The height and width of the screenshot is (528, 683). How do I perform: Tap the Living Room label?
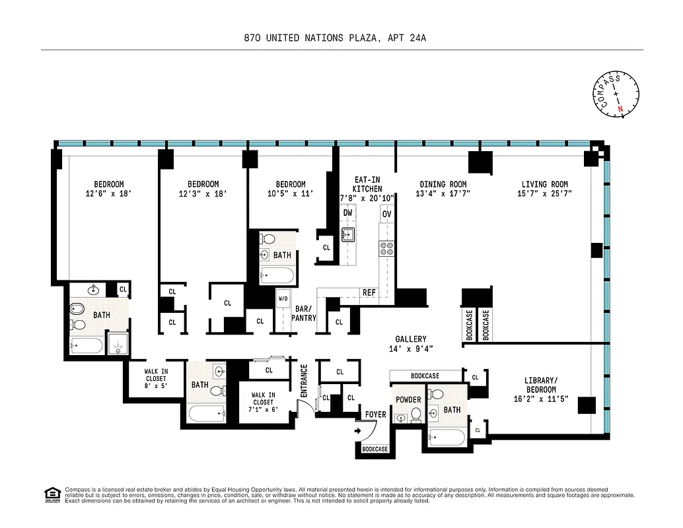(x=544, y=184)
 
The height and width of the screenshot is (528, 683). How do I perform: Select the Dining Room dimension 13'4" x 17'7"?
(x=443, y=194)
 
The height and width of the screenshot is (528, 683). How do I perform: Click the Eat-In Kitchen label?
(x=367, y=183)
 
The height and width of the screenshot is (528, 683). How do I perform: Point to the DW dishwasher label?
(x=347, y=213)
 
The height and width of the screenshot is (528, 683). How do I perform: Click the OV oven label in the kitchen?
(x=386, y=214)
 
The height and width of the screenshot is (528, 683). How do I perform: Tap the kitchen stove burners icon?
(x=386, y=248)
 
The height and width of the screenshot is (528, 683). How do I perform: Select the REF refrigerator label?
(x=369, y=292)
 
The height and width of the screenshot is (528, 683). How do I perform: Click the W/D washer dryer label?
(x=283, y=298)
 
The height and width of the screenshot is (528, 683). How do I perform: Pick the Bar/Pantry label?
(x=303, y=313)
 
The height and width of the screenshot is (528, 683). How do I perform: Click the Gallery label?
(x=411, y=339)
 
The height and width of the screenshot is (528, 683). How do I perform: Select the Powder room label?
(x=408, y=400)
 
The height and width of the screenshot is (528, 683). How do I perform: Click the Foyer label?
(x=375, y=414)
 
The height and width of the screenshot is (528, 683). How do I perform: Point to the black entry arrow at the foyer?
(x=357, y=431)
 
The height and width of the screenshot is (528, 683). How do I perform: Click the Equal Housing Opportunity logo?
(x=51, y=494)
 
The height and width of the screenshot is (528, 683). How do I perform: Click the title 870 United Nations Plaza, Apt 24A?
(x=335, y=38)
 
